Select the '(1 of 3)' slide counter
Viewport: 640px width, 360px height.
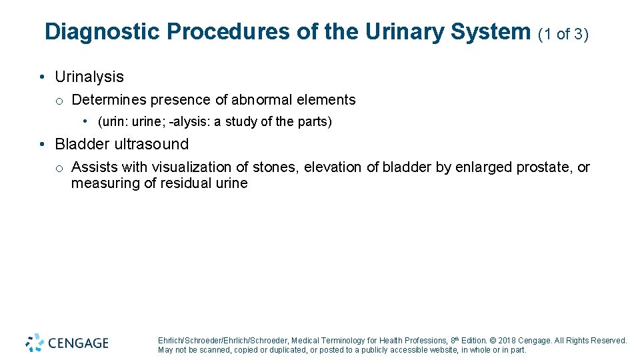pyautogui.click(x=563, y=34)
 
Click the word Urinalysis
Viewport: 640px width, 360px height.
pyautogui.click(x=89, y=77)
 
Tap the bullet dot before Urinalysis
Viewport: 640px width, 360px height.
pyautogui.click(x=42, y=77)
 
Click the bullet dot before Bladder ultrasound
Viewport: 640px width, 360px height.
pyautogui.click(x=42, y=144)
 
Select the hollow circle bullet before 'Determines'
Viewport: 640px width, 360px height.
pyautogui.click(x=59, y=101)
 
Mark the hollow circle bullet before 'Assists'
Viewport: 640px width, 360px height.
pyautogui.click(x=59, y=168)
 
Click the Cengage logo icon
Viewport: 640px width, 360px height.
pyautogui.click(x=35, y=343)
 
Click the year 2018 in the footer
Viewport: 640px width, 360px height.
pyautogui.click(x=509, y=341)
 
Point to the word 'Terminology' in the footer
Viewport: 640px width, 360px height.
pyautogui.click(x=339, y=341)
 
